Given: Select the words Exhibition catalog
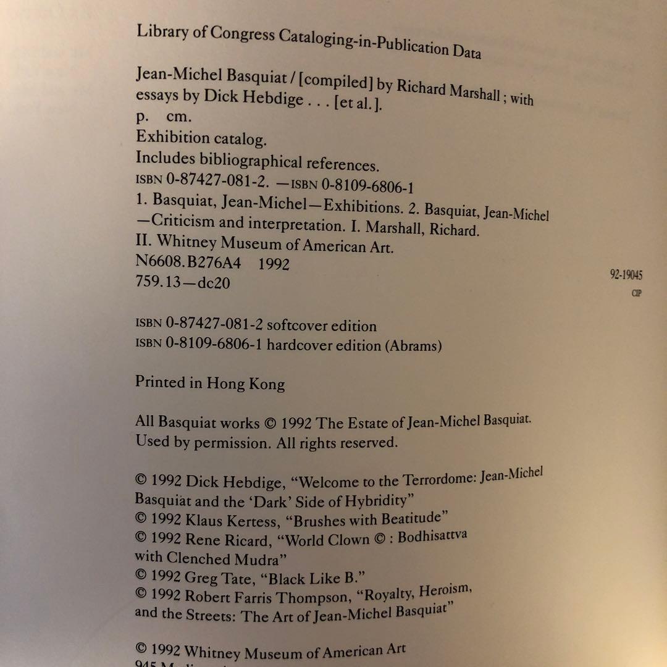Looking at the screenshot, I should tap(201, 139).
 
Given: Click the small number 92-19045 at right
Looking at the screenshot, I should tap(626, 275).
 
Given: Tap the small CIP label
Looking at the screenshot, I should tap(636, 293).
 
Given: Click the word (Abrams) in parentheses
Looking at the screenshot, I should tap(414, 346).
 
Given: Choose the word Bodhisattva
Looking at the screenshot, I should tap(432, 537).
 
